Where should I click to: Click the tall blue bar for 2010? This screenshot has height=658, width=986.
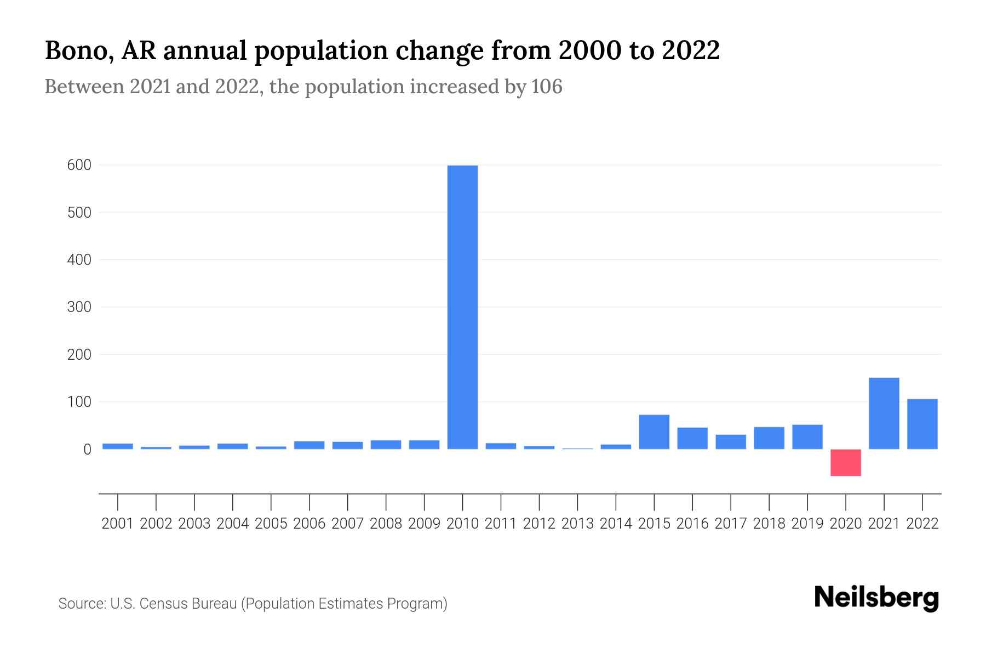462,307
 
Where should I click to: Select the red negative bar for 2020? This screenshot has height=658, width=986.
845,463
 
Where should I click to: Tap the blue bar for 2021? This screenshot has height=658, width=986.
884,413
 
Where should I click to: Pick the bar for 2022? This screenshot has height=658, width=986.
922,424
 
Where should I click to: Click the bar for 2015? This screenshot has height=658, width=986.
654,432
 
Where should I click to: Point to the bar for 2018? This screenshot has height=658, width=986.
769,438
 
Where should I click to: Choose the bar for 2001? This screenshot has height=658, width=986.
118,446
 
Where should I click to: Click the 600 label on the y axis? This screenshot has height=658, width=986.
79,165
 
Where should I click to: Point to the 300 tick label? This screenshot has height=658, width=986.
79,307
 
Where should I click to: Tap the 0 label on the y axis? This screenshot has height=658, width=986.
87,450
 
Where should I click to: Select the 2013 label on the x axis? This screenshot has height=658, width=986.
577,524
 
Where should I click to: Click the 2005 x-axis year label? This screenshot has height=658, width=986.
271,524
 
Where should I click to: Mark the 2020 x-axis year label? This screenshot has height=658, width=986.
845,524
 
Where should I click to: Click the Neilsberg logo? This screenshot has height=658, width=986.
876,598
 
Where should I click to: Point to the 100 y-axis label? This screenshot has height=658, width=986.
79,402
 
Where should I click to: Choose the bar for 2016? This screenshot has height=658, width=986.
692,438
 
